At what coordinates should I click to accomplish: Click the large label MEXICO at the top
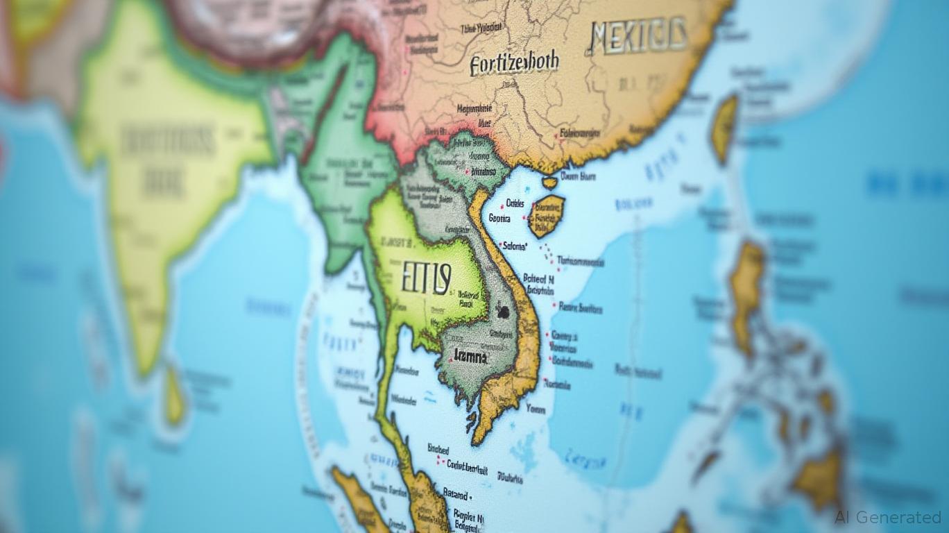(x=638, y=35)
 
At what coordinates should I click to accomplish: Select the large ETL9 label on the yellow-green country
(x=426, y=279)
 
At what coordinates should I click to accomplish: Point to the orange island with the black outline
(x=546, y=215)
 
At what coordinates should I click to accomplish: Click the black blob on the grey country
(x=502, y=312)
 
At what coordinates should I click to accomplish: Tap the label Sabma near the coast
(x=514, y=245)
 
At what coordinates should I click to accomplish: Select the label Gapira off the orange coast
(x=499, y=218)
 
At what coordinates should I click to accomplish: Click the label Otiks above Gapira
(x=517, y=203)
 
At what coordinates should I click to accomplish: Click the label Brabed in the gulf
(x=438, y=450)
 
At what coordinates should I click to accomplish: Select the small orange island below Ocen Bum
(x=549, y=183)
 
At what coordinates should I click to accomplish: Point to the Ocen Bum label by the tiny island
(x=578, y=176)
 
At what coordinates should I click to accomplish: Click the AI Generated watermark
(x=887, y=517)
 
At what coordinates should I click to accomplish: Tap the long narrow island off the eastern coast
(x=725, y=128)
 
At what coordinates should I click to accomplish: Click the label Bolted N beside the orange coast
(x=538, y=278)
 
